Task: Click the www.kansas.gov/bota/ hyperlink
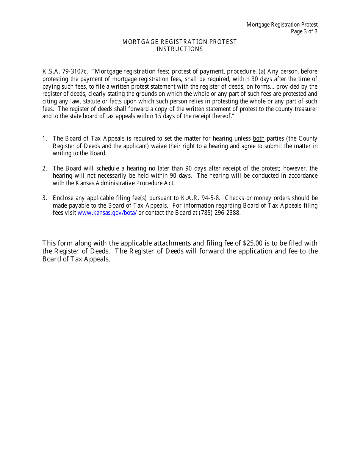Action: [107, 213]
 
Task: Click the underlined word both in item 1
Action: [258, 139]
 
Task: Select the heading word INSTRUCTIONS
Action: [180, 49]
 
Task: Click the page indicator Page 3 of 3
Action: [304, 31]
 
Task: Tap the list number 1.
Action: [44, 139]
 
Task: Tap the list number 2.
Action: [44, 169]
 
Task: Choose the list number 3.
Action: [44, 198]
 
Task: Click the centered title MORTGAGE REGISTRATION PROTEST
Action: [180, 42]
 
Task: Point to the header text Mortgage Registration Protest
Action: [282, 25]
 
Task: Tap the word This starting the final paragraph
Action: [49, 243]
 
